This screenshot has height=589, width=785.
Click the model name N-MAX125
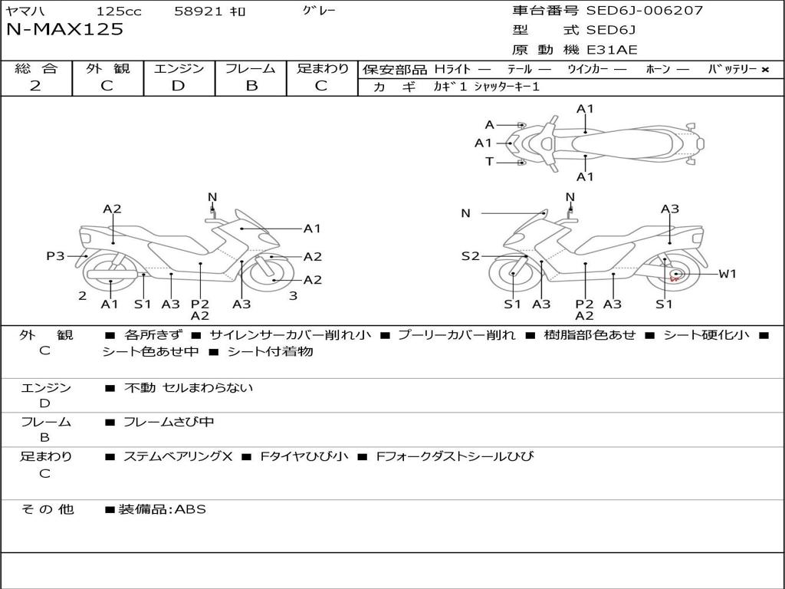pyautogui.click(x=65, y=30)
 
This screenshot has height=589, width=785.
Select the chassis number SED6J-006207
pyautogui.click(x=644, y=11)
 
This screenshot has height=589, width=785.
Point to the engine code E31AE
pyautogui.click(x=612, y=51)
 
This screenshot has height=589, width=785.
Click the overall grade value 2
pyautogui.click(x=35, y=86)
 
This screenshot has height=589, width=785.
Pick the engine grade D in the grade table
pyautogui.click(x=178, y=86)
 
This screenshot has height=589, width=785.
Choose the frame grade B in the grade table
pyautogui.click(x=251, y=86)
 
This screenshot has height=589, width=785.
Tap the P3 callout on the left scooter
pyautogui.click(x=55, y=256)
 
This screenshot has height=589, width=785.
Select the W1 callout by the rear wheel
pyautogui.click(x=727, y=274)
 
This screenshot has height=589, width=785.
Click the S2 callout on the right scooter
pyautogui.click(x=470, y=256)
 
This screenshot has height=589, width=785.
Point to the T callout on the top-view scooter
pyautogui.click(x=489, y=161)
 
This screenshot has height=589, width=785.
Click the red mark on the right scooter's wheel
pyautogui.click(x=675, y=277)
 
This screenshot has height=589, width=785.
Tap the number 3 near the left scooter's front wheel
pyautogui.click(x=293, y=296)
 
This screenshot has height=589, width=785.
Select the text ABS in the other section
pyautogui.click(x=191, y=508)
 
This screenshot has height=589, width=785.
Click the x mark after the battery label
pyautogui.click(x=764, y=69)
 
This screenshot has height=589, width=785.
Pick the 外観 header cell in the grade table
pyautogui.click(x=107, y=68)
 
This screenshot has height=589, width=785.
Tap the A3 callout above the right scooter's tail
pyautogui.click(x=670, y=209)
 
